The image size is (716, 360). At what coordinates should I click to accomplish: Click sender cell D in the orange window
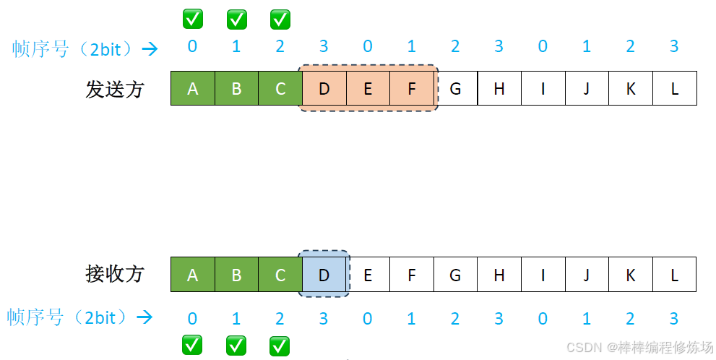pyautogui.click(x=324, y=89)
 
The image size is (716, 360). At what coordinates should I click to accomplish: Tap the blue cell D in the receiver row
pyautogui.click(x=324, y=275)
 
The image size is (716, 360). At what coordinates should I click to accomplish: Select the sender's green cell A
pyautogui.click(x=192, y=89)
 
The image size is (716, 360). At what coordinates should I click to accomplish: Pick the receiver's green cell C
pyautogui.click(x=280, y=275)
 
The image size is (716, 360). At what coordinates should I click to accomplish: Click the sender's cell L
pyautogui.click(x=675, y=89)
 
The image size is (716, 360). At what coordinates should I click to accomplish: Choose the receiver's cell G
pyautogui.click(x=455, y=275)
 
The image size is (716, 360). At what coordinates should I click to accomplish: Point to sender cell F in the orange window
pyautogui.click(x=412, y=89)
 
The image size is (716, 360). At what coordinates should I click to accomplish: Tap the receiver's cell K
pyautogui.click(x=631, y=275)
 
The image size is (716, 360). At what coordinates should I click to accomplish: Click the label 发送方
pyautogui.click(x=115, y=90)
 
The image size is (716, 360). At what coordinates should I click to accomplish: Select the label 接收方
pyautogui.click(x=115, y=274)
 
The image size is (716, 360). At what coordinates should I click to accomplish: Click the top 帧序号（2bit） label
pyautogui.click(x=72, y=48)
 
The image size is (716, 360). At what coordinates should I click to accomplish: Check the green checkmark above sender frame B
pyautogui.click(x=236, y=20)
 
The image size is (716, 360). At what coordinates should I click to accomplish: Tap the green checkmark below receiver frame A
pyautogui.click(x=192, y=346)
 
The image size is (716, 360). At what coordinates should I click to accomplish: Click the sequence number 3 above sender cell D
pyautogui.click(x=324, y=47)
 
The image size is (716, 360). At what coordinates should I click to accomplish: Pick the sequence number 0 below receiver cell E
pyautogui.click(x=368, y=318)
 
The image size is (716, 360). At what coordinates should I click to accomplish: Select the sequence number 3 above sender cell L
pyautogui.click(x=675, y=47)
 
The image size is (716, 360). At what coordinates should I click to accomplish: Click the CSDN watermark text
pyautogui.click(x=639, y=347)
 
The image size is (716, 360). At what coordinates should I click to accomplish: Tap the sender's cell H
pyautogui.click(x=499, y=89)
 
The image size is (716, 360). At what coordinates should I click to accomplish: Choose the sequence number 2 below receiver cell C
pyautogui.click(x=280, y=318)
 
